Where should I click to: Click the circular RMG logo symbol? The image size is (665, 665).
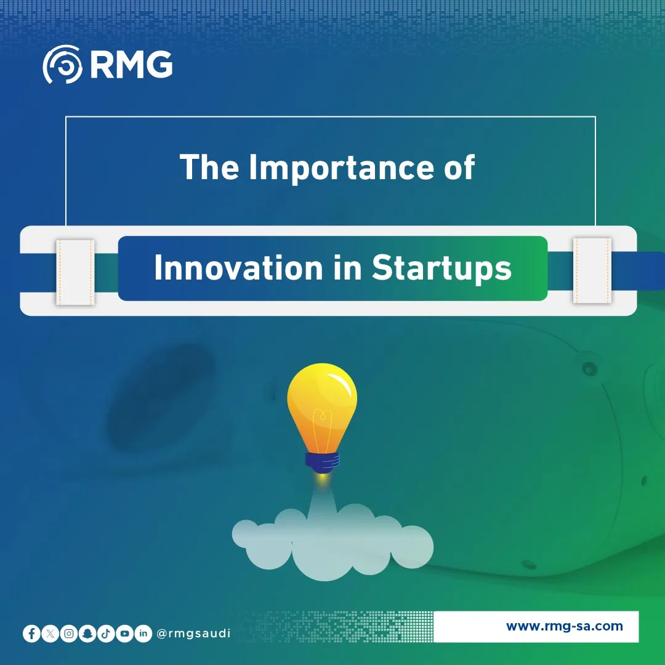[x=62, y=64]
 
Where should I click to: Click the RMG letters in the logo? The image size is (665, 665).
[x=132, y=65]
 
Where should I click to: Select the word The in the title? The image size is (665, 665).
[x=209, y=167]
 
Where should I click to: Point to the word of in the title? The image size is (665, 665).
[x=459, y=167]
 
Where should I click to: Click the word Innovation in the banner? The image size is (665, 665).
[x=238, y=268]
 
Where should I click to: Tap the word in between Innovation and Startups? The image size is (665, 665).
[x=347, y=268]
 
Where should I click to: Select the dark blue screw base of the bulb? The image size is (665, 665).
[x=322, y=462]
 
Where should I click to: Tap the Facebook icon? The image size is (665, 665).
[x=31, y=634]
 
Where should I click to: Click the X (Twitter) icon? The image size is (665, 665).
[x=50, y=634]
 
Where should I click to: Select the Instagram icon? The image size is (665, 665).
[x=69, y=634]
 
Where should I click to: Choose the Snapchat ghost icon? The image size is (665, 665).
[x=87, y=634]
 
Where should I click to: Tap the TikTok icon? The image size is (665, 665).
[x=106, y=634]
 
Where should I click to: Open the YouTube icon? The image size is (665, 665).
[x=124, y=634]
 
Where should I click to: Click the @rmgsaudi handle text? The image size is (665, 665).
[x=193, y=634]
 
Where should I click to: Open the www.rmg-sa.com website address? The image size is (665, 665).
[x=565, y=626]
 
